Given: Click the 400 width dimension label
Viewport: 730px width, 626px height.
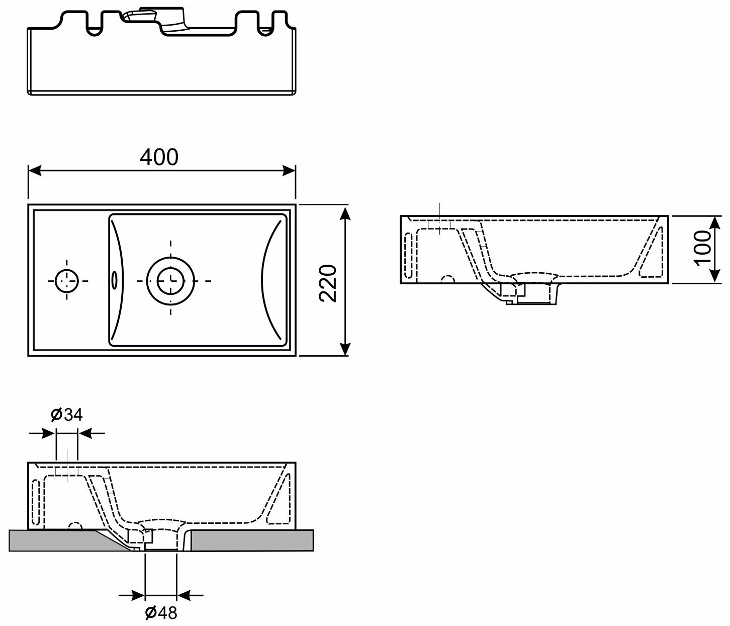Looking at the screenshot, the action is (159, 157).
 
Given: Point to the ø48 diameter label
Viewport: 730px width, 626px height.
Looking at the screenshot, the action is (161, 613).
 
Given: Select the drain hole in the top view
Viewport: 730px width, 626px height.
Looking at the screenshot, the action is (170, 279).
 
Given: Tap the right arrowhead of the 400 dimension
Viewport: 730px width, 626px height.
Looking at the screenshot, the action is (289, 171).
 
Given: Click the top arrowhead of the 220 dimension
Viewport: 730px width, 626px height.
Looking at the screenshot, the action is (345, 213).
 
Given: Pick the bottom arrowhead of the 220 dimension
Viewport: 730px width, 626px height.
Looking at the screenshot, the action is (345, 349).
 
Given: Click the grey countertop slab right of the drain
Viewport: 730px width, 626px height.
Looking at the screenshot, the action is (251, 540).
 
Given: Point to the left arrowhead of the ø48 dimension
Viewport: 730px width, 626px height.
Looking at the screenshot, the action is (138, 596).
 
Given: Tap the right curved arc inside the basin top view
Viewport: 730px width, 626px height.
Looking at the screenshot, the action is (271, 279).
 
